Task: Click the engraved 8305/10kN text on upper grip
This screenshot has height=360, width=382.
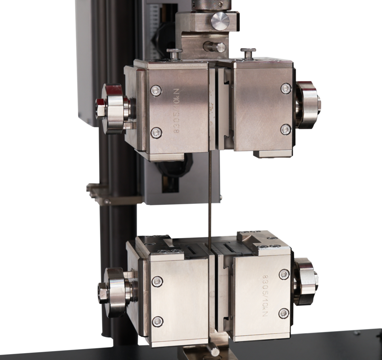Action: [x=177, y=111]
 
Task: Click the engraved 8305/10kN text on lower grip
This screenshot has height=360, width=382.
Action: [x=265, y=296]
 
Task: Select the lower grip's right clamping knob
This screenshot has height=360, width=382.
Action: [x=306, y=282]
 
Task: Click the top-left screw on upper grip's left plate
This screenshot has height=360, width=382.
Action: [x=156, y=90]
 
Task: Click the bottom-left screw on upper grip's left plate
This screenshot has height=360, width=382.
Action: [x=156, y=133]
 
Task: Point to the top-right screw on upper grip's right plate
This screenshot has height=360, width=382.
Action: [x=286, y=88]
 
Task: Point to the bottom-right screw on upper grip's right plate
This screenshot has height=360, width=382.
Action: [x=286, y=130]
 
